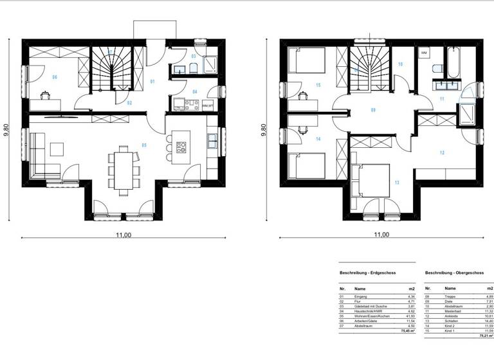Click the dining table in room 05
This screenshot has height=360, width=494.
[x=123, y=168]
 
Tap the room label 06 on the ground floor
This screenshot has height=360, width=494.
[x=55, y=77]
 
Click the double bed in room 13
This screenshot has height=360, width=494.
[x=372, y=181]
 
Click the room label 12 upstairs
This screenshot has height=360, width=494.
[x=441, y=152]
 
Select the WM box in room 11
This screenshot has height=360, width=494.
[x=424, y=51]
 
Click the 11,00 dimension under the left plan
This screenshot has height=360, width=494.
[x=123, y=235]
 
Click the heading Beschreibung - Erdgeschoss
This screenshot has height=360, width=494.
[x=367, y=273]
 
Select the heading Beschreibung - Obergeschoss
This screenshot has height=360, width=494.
[x=455, y=273]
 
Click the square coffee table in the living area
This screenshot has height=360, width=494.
[x=58, y=148]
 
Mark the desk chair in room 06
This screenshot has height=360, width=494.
[x=46, y=96]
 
